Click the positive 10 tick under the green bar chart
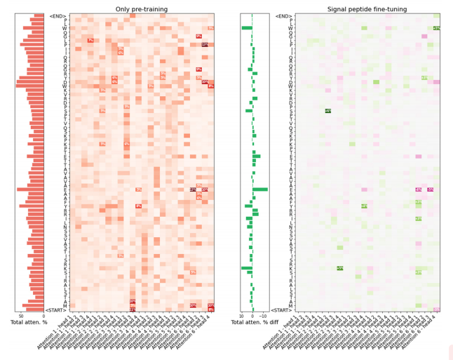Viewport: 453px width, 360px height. pyautogui.click(x=243, y=316)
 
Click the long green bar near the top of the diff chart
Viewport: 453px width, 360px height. pyautogui.click(x=247, y=28)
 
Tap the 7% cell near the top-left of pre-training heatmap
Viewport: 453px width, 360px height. pyautogui.click(x=90, y=41)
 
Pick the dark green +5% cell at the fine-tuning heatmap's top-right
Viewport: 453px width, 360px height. pyautogui.click(x=436, y=28)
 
